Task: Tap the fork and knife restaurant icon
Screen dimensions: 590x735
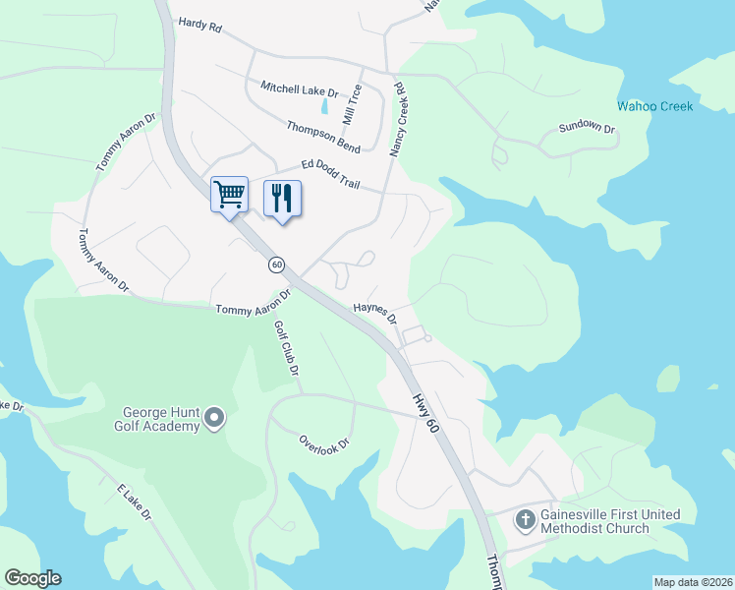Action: (282, 198)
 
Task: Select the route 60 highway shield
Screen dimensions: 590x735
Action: (277, 265)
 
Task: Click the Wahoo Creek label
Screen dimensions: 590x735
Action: (654, 106)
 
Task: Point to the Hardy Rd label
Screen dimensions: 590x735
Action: (199, 26)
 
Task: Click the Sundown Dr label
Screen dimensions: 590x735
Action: (586, 128)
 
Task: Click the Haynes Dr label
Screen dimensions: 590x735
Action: (374, 313)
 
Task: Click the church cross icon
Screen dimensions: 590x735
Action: (526, 519)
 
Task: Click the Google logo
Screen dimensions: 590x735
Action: (32, 578)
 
